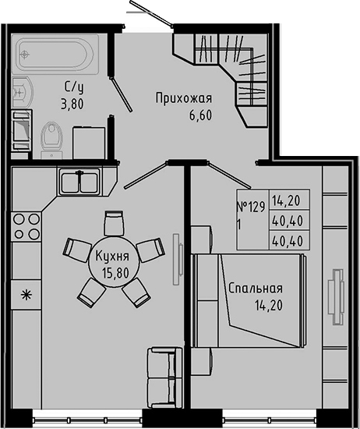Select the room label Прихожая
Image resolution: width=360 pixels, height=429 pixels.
pos(184,98)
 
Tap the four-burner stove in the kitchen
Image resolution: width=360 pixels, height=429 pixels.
pos(25,225)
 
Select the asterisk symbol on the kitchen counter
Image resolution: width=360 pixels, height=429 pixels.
pos(25,295)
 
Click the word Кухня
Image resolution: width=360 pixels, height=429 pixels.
pos(113,253)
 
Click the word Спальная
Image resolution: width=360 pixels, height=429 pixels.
pos(255,287)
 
